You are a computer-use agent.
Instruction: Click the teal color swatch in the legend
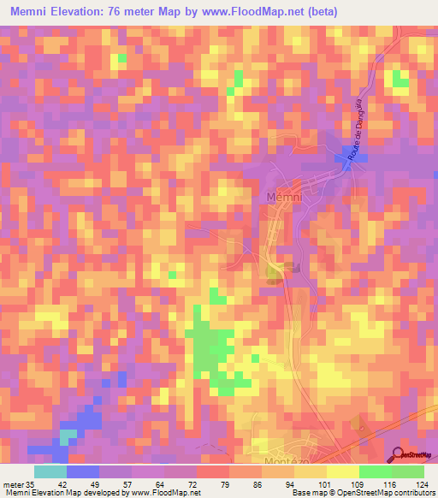point(50,471)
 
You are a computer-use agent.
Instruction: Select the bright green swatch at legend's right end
point(408,471)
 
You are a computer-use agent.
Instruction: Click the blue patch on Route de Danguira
point(349,154)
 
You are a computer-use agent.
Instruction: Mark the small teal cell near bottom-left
point(66,436)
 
